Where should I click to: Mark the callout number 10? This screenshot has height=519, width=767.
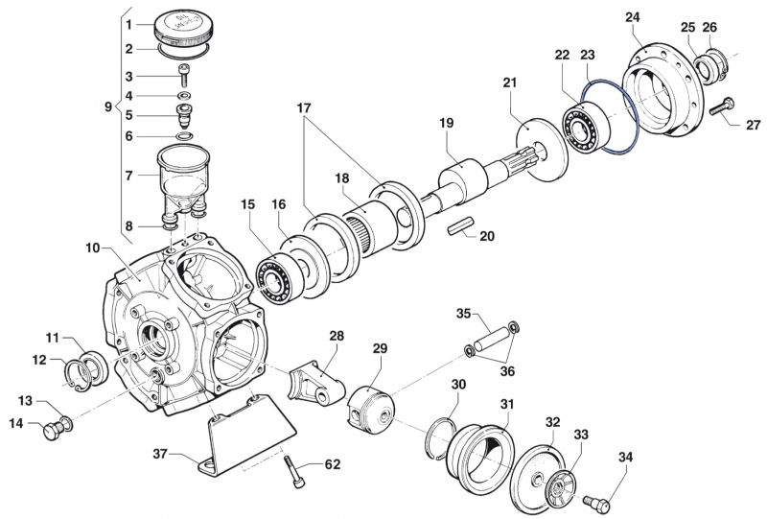pos(92,248)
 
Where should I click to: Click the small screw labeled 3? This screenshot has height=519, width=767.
pos(183,78)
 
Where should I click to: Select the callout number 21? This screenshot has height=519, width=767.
pos(509,83)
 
